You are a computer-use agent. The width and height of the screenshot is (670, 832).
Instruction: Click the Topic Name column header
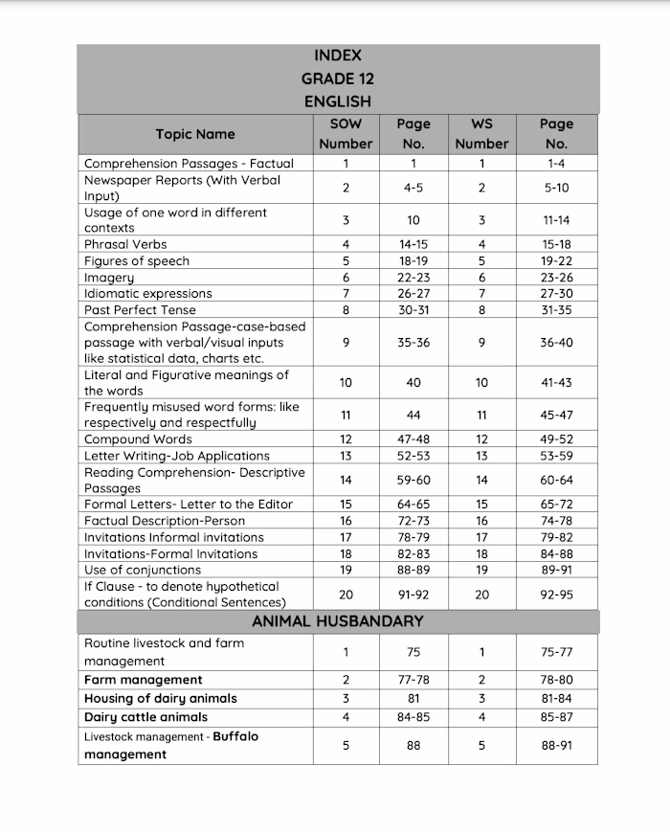[195, 134]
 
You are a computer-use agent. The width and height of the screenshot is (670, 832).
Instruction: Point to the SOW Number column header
[346, 134]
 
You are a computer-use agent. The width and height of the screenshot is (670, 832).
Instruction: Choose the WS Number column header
[481, 134]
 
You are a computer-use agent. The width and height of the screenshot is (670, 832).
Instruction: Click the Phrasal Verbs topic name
[125, 244]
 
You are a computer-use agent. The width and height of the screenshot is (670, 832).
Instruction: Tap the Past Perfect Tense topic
[140, 310]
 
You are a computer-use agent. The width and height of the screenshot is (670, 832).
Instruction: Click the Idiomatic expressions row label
[147, 294]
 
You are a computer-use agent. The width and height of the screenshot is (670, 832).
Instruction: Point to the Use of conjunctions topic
[143, 570]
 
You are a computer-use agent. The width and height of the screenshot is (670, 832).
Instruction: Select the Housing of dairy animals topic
[161, 698]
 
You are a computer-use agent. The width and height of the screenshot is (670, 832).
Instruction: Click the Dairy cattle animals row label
[145, 717]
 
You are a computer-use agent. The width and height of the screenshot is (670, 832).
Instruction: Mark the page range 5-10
[556, 189]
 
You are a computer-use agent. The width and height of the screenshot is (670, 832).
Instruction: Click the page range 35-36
[413, 343]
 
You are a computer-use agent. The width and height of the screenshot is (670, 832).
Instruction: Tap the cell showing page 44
[413, 415]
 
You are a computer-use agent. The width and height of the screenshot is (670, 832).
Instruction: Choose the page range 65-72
[556, 505]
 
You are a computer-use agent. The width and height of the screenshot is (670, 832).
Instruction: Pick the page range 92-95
[556, 595]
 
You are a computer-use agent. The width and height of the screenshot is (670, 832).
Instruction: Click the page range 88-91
[556, 745]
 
